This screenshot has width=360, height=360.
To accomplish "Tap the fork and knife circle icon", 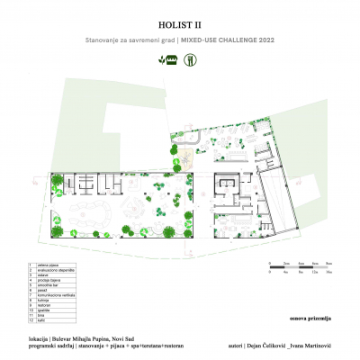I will tap(191, 59).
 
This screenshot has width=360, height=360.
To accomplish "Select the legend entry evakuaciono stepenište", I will tap(55, 271).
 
